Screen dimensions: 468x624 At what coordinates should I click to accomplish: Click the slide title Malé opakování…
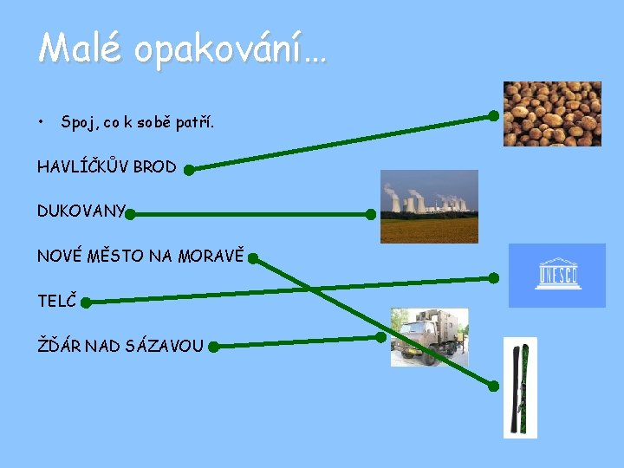click(182, 49)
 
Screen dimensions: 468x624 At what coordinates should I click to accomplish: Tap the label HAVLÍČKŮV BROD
click(107, 167)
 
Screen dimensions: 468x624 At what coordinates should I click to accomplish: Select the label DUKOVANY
click(81, 211)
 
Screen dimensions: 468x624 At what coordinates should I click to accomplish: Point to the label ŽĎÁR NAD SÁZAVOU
click(120, 347)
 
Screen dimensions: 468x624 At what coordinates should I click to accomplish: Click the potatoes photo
click(552, 114)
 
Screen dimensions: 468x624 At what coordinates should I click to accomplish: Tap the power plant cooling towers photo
click(429, 206)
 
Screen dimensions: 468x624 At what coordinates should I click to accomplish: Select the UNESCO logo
click(556, 276)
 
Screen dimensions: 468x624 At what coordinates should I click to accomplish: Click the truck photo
click(428, 337)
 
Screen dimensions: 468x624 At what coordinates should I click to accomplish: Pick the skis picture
click(520, 387)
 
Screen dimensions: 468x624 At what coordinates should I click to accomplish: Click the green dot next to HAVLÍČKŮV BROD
click(189, 170)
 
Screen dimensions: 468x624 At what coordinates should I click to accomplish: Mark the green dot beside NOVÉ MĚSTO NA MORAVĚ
click(252, 257)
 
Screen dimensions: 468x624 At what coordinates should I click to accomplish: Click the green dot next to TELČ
click(85, 302)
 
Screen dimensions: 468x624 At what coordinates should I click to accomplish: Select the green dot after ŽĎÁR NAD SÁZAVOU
click(213, 347)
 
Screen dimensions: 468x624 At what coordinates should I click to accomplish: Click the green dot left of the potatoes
click(493, 115)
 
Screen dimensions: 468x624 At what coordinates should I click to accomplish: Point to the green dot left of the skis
click(493, 387)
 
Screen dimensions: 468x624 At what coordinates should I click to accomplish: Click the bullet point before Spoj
click(42, 121)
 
